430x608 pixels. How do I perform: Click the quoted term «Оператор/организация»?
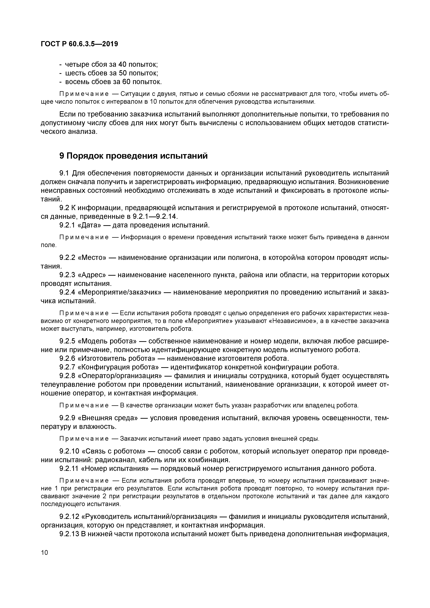coord(120,376)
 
